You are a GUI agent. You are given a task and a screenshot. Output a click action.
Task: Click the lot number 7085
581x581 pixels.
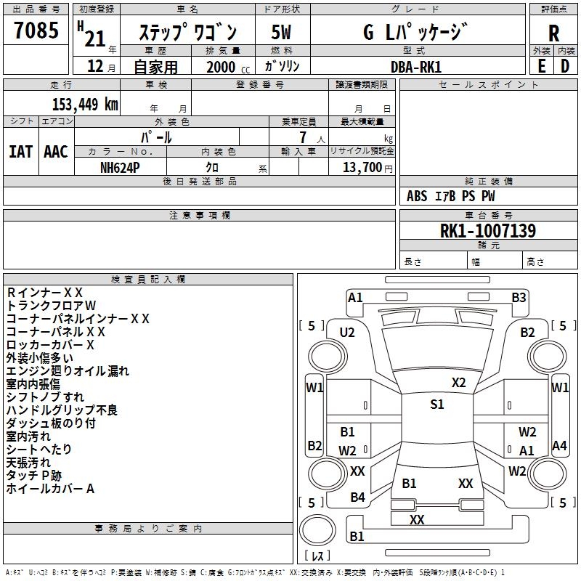pos(36,31)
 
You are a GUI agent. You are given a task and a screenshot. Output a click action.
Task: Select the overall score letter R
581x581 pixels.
pos(553,33)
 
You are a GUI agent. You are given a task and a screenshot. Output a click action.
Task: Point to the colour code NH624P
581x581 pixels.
pos(121,167)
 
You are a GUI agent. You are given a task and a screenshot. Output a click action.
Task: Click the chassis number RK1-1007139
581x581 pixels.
pos(488,232)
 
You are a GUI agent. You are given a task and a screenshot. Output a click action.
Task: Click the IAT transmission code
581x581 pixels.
pos(21,152)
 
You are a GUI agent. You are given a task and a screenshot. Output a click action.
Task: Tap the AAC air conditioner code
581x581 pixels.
pos(56,152)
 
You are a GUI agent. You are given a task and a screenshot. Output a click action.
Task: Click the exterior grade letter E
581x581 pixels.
pos(541,66)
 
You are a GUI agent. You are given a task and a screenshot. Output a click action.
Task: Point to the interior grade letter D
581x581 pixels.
pos(565,66)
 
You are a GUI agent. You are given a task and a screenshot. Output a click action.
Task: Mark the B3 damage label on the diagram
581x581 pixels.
pos(519,297)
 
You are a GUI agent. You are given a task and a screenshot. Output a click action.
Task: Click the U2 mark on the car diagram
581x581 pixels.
pos(347,333)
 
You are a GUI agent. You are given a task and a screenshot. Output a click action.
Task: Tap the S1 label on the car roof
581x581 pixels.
pos(436,405)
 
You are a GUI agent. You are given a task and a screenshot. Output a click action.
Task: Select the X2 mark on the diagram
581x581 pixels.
pos(458,383)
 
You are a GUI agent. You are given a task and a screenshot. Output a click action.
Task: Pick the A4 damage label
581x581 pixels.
pos(559,446)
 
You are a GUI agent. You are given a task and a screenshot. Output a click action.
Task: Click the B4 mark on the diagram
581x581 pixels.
pos(357,497)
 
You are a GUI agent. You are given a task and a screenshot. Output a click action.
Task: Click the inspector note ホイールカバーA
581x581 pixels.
pos(51,489)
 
